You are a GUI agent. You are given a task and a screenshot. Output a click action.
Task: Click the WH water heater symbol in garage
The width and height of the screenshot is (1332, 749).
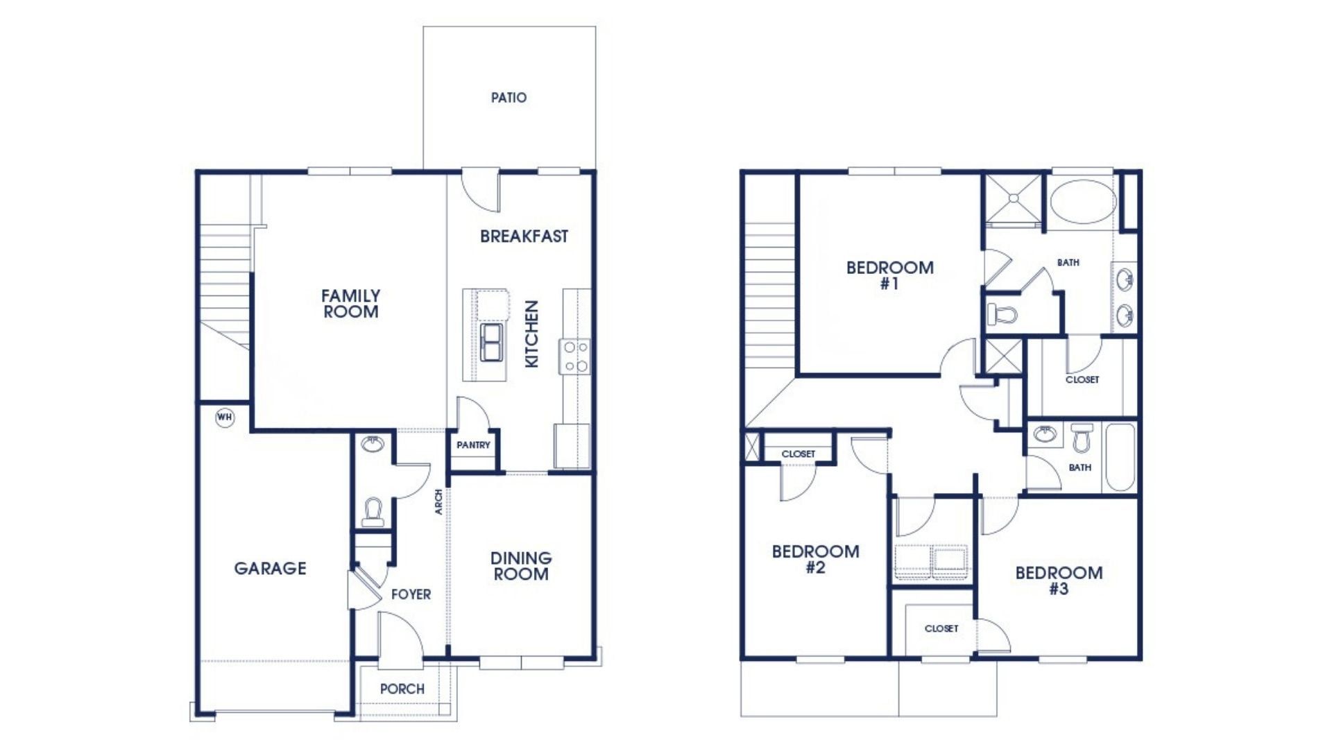click(x=224, y=417)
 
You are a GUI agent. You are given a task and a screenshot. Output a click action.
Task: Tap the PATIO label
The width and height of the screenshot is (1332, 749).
click(x=509, y=98)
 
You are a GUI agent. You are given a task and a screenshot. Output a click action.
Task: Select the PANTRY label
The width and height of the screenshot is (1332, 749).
click(x=473, y=445)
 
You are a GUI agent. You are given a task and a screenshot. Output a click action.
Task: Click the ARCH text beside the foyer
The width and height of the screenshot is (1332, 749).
click(x=438, y=502)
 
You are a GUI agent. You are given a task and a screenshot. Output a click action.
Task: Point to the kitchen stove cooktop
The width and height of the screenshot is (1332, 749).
click(x=575, y=356)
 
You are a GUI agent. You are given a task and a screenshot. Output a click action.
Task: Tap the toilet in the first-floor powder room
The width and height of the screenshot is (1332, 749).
click(x=373, y=512)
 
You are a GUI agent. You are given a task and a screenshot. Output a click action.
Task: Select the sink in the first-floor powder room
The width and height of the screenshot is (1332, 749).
click(x=373, y=444)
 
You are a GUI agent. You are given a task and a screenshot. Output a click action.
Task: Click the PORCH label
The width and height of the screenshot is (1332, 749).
click(x=402, y=689)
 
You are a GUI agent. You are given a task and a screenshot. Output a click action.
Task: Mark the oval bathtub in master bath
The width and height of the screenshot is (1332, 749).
click(x=1082, y=202)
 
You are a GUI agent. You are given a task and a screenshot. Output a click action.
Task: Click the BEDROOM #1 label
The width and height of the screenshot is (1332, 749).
click(x=889, y=275)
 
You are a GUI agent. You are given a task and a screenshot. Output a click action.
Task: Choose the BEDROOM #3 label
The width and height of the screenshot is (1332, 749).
click(x=1059, y=580)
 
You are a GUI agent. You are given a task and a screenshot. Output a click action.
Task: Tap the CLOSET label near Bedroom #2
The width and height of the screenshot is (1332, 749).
click(x=798, y=454)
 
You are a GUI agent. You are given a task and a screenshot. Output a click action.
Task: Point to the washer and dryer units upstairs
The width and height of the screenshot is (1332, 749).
click(x=931, y=559)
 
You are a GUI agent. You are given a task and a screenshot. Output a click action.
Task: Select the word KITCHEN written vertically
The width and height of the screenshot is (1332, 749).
click(x=531, y=334)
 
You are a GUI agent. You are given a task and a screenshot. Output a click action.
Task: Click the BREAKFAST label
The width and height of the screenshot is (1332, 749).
click(x=524, y=236)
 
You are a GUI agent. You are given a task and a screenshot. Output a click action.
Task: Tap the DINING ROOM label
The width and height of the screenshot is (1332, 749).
click(x=521, y=566)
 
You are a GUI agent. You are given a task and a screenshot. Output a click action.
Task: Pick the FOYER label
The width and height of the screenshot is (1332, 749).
click(x=411, y=594)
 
